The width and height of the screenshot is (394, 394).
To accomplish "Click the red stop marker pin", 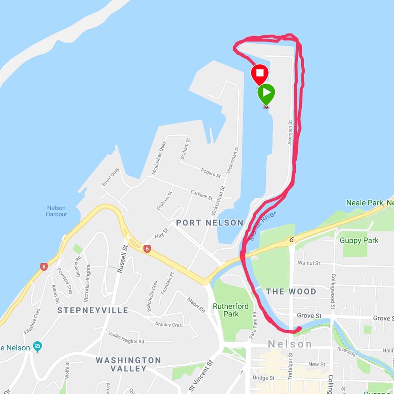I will (260, 73).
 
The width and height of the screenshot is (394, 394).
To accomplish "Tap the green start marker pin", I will (266, 93).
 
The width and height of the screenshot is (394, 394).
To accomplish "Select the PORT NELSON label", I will (210, 223).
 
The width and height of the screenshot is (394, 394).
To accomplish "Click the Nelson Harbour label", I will (56, 211).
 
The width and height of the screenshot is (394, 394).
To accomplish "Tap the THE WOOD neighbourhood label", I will (291, 292).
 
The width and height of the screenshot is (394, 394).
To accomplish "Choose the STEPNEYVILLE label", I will (93, 310).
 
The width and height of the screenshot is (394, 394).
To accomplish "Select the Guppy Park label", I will (359, 240).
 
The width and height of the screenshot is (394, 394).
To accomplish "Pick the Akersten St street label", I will (290, 133).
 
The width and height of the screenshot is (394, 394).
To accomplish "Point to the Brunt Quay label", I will (110, 177).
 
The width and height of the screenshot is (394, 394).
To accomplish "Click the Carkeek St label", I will (201, 195).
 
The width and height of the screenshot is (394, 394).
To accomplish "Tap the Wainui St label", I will (309, 262).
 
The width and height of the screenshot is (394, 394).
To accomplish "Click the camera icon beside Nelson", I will (37, 347).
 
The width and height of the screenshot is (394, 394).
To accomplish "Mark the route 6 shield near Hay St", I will (147, 249).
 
